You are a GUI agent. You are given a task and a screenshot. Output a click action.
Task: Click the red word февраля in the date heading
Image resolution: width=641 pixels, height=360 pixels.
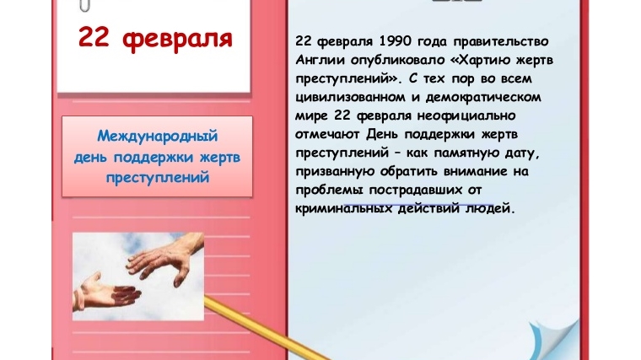click(x=177, y=40)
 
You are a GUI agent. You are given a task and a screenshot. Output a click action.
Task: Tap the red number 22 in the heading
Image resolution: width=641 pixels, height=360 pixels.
click(x=94, y=37)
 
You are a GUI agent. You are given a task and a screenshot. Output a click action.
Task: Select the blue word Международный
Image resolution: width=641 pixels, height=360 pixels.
click(x=158, y=136)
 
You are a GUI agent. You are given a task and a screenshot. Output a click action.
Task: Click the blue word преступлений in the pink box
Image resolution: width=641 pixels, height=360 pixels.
click(x=158, y=178)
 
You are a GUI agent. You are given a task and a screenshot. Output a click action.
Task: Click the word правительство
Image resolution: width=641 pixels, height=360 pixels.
click(x=501, y=41)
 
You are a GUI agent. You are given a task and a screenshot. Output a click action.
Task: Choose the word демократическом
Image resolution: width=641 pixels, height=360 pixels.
click(x=483, y=97)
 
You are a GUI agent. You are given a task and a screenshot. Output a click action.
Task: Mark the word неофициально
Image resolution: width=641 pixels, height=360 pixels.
click(x=466, y=116)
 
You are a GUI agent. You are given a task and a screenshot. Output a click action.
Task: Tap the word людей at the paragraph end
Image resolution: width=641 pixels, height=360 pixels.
click(x=488, y=209)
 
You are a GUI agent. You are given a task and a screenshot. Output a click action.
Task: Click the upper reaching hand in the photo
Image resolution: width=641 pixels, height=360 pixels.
click(x=165, y=257)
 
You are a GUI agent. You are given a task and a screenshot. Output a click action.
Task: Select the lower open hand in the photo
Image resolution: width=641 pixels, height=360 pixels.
click(x=105, y=291)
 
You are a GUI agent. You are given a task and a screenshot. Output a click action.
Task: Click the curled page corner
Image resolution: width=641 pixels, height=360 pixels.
click(x=554, y=338)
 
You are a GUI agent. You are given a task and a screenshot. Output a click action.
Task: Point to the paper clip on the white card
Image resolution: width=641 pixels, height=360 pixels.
click(x=85, y=5)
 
